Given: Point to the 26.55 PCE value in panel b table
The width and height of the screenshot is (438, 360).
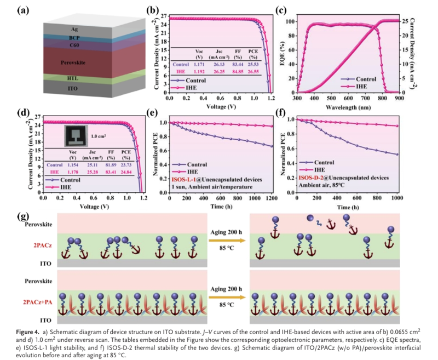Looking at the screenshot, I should coord(252,71).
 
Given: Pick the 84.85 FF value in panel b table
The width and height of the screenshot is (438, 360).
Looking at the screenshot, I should coord(237,71).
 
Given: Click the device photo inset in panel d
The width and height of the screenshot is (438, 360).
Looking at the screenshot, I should coord(75,134).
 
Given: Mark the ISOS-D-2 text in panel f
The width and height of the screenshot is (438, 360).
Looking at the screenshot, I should coord(310,178).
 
